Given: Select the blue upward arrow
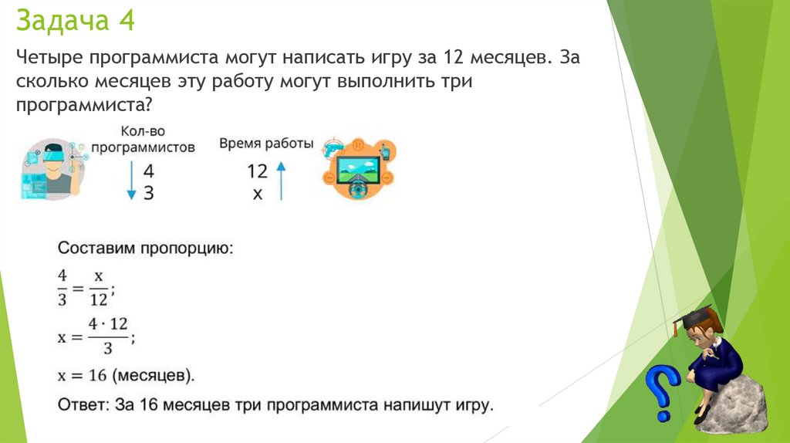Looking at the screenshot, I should click(x=282, y=181).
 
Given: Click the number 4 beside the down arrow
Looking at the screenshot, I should click(x=148, y=171).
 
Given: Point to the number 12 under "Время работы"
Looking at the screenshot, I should click(x=257, y=171).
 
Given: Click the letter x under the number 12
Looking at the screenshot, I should click(x=258, y=194).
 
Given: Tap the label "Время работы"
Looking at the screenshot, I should click(x=266, y=144).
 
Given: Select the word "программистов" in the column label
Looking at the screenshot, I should click(x=143, y=147).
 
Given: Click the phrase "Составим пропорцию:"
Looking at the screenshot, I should click(x=145, y=249).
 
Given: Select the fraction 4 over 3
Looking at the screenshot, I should click(x=62, y=286).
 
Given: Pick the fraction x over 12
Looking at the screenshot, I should click(x=99, y=286).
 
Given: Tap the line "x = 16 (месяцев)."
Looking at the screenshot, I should click(x=127, y=376).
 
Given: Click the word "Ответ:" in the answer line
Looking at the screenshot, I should click(x=82, y=403).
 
